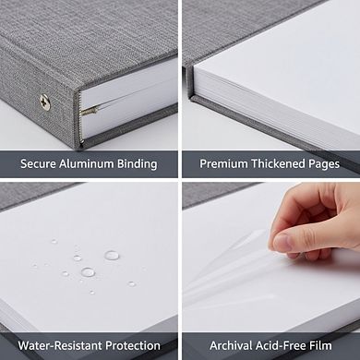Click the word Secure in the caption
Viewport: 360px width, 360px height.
pos(40,164)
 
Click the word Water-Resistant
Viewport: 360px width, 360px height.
pos(63,346)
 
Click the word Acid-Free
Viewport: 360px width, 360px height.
pos(282,346)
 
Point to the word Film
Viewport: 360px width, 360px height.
pos(326,346)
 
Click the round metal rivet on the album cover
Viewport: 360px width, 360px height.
pos(43,102)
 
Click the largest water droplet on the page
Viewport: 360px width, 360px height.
pos(112,254)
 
